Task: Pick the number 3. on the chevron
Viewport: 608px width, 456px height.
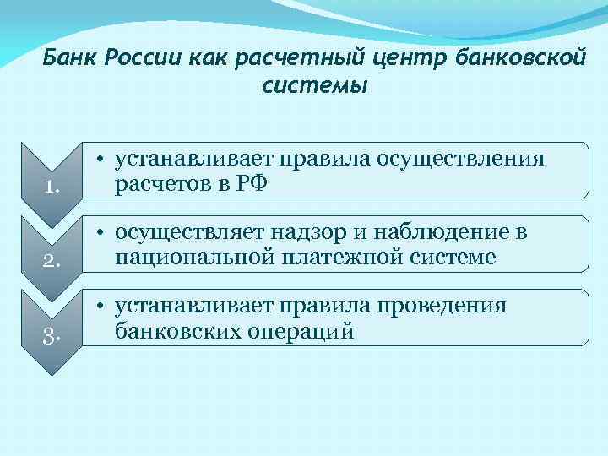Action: pyautogui.click(x=49, y=338)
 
